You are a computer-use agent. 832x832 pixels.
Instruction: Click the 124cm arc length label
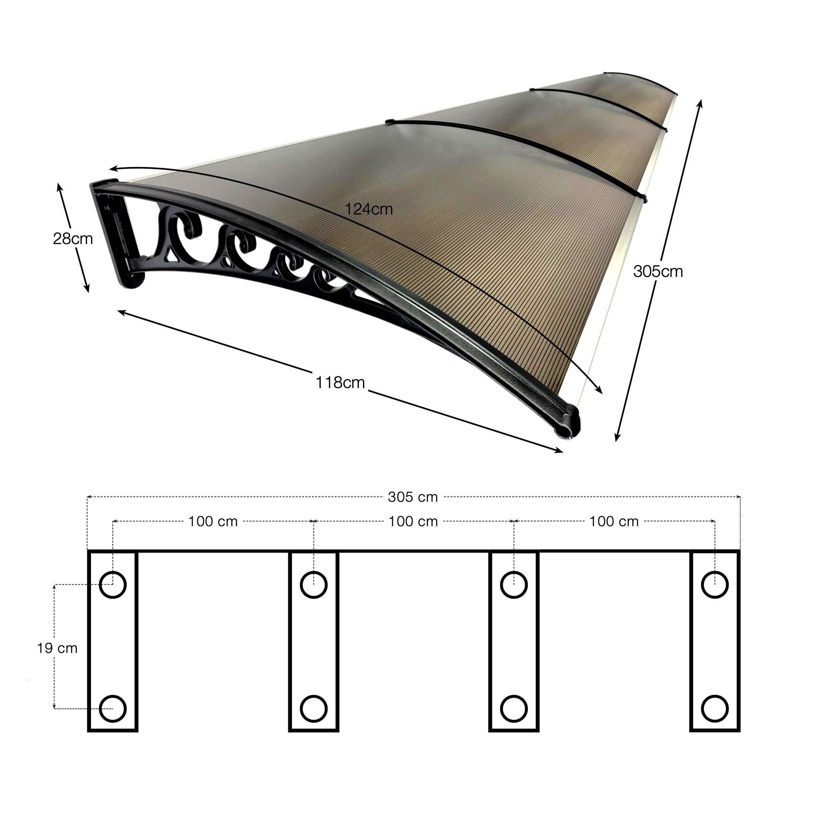(369, 210)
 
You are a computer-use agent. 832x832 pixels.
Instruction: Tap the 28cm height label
(73, 239)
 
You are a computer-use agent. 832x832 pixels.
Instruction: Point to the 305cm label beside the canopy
(658, 272)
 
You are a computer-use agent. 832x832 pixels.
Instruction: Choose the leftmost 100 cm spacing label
(213, 522)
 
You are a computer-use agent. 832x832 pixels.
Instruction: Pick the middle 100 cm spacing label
(413, 522)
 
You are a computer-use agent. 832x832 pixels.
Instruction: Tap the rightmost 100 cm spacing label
(614, 522)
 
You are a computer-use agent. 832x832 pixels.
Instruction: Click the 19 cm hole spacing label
(57, 649)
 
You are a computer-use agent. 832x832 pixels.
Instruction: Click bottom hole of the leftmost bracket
(113, 709)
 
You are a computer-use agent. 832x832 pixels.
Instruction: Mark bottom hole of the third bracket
(514, 709)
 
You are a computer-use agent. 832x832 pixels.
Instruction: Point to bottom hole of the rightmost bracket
(715, 709)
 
